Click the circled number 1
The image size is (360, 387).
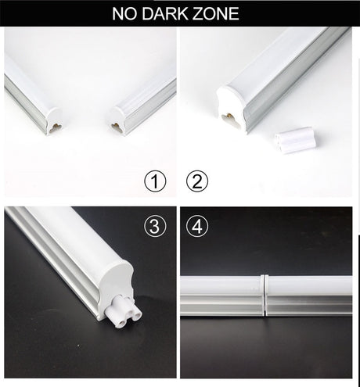point(156,182)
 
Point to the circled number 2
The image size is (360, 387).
point(196,182)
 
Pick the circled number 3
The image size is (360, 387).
point(156,228)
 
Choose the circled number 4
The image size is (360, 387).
point(196,228)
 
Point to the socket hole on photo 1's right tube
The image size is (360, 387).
point(116,126)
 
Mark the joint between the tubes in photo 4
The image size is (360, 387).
point(265,296)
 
